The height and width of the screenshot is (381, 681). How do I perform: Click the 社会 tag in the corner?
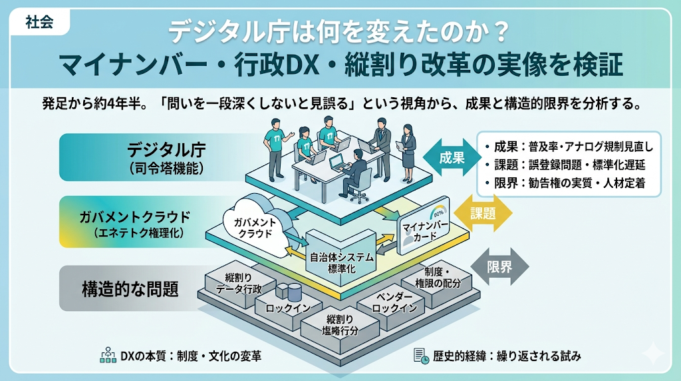coord(39,22)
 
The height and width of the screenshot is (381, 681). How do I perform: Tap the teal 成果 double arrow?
coord(452,157)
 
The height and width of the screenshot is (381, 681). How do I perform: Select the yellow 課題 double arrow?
coord(483,213)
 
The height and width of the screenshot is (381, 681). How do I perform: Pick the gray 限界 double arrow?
coord(499,266)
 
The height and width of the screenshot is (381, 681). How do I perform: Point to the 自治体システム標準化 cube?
coord(341,258)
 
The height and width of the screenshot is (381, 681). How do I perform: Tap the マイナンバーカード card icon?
coord(424,226)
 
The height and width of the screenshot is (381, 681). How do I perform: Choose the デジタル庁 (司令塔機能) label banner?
coord(161,157)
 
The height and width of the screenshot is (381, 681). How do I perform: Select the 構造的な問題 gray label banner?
coord(130,288)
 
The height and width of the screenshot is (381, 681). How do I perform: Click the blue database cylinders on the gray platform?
coord(289,292)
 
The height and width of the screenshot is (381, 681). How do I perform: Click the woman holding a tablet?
coord(408,153)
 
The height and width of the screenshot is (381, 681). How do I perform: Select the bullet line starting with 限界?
coord(565,183)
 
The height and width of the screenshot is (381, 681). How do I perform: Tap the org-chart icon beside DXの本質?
coord(108,355)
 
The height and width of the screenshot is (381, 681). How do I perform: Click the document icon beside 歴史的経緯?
coord(421,356)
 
